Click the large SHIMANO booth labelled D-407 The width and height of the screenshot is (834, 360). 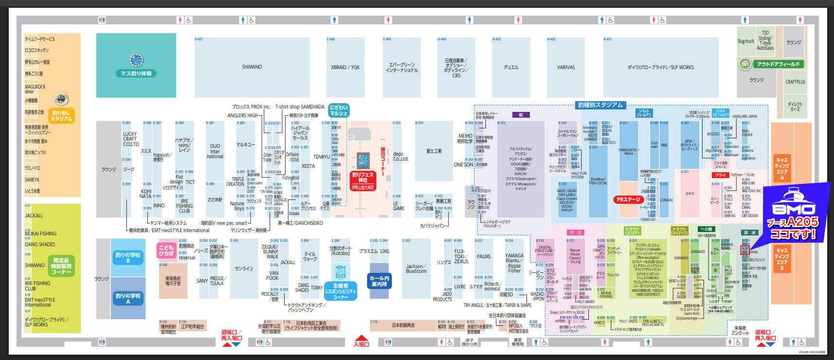tap(252, 67)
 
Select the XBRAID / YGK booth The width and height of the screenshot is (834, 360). tap(345, 67)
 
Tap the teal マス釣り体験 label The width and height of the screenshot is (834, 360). tap(136, 73)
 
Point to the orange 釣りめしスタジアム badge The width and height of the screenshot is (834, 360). tap(61, 115)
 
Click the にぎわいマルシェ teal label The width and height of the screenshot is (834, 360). tap(339, 110)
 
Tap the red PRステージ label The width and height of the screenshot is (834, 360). tap(628, 199)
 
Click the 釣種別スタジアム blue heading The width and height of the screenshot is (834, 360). tap(600, 105)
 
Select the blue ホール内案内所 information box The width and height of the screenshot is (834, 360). tap(379, 281)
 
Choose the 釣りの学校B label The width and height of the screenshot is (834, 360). tap(128, 257)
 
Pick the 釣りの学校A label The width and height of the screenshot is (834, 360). tap(128, 298)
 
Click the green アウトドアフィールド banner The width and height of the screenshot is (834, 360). tap(778, 64)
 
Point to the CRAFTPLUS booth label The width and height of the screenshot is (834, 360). tap(795, 82)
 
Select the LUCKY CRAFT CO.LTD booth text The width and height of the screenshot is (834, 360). tap(130, 139)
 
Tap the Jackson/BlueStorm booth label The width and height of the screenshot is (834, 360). tap(416, 269)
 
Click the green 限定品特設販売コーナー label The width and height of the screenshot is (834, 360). tap(61, 266)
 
